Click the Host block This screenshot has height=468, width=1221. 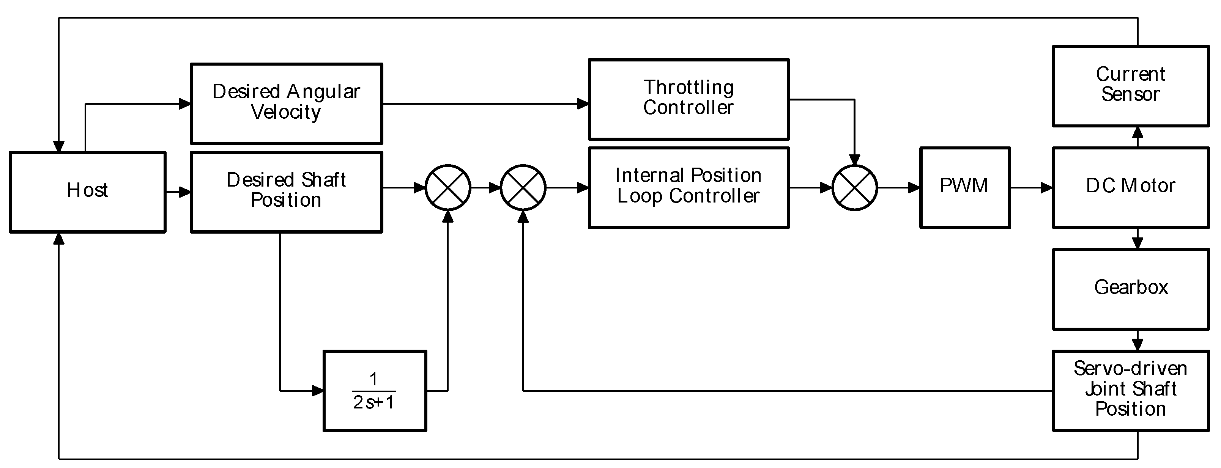click(88, 192)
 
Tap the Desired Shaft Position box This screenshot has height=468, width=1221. click(286, 192)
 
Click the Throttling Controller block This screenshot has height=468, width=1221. click(688, 99)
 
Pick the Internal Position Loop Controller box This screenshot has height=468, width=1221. click(688, 188)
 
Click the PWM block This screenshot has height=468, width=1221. click(964, 188)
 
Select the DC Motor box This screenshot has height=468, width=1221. click(1130, 188)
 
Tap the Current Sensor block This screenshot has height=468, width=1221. click(1130, 86)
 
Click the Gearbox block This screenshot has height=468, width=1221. click(1130, 289)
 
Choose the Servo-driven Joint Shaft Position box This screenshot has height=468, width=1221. click(1130, 390)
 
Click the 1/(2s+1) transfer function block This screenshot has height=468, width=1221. click(375, 390)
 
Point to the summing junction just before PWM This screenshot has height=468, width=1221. click(855, 188)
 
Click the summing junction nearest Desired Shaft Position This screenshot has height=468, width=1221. click(447, 188)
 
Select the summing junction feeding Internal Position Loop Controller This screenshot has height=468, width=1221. click(523, 188)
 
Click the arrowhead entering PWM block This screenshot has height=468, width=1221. click(914, 188)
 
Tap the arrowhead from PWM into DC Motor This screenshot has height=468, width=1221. click(1046, 188)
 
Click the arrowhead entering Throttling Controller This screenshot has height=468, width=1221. click(583, 104)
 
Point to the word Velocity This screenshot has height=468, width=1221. click(286, 113)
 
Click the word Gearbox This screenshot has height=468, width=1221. click(1130, 287)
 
